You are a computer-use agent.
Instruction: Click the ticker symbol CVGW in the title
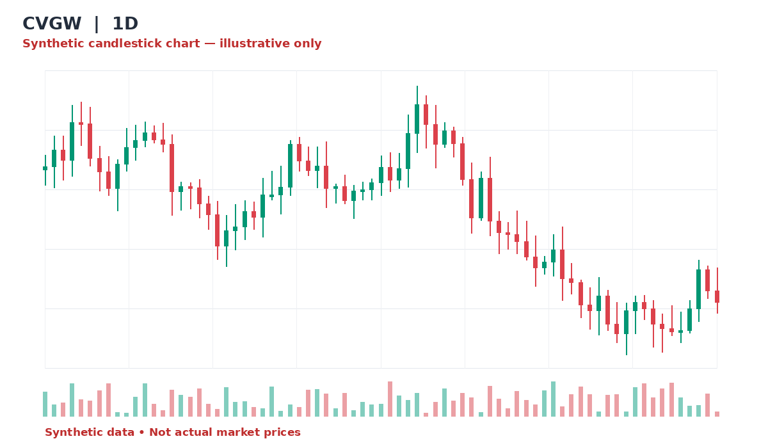click(x=52, y=24)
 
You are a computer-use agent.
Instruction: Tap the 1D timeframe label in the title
click(x=125, y=24)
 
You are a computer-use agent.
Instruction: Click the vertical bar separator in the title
click(x=97, y=24)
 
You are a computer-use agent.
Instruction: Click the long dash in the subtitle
click(x=210, y=44)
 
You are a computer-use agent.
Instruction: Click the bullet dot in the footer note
click(x=141, y=433)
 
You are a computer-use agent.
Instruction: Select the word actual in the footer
click(x=187, y=432)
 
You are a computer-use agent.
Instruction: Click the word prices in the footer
click(x=282, y=433)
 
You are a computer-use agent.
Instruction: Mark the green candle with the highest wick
click(x=417, y=119)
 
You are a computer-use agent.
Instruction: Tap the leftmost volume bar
click(x=45, y=404)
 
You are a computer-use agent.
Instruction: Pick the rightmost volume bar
click(x=717, y=414)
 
